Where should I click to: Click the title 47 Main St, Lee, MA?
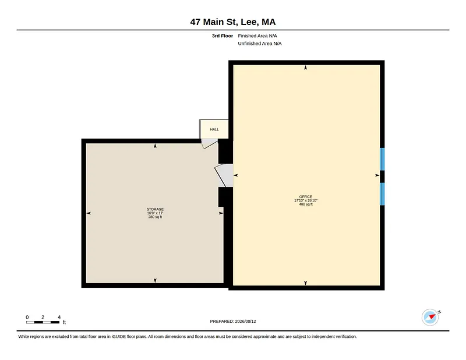(x=233, y=22)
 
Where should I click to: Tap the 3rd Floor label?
(x=223, y=36)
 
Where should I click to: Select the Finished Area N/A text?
(x=257, y=36)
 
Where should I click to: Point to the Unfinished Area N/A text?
(x=260, y=44)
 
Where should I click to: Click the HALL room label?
(x=214, y=129)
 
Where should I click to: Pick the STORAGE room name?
(x=155, y=209)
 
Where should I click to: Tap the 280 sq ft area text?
(x=155, y=217)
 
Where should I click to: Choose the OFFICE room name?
(x=305, y=196)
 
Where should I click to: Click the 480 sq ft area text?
(x=306, y=204)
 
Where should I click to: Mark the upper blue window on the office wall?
(x=382, y=159)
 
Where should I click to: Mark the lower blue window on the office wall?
(x=382, y=194)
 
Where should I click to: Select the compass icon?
(x=430, y=317)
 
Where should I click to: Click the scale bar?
(x=43, y=322)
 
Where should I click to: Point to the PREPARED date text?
(x=233, y=322)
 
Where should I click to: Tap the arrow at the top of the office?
(x=305, y=68)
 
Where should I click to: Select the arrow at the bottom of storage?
(x=155, y=280)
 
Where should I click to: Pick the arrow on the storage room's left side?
(x=89, y=213)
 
